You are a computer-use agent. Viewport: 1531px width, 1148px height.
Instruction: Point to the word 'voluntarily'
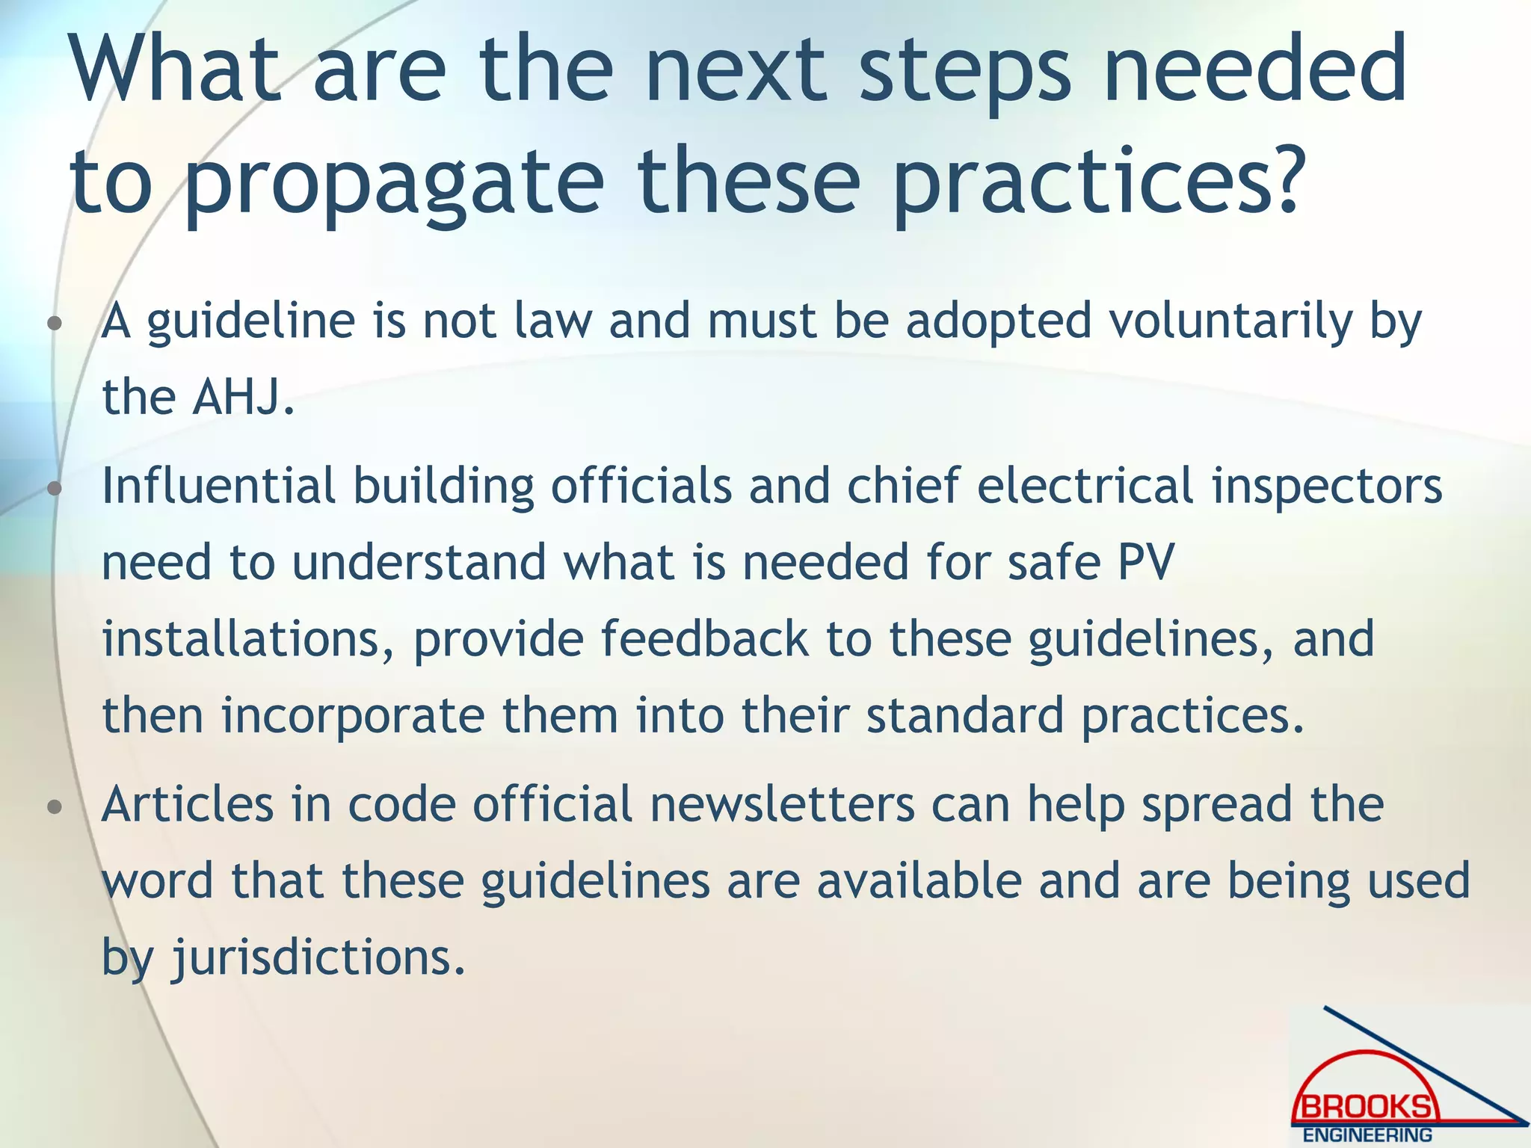1230,321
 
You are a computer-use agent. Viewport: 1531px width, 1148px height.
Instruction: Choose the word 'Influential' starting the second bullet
218,485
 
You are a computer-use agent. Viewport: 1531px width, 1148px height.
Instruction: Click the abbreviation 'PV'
1146,562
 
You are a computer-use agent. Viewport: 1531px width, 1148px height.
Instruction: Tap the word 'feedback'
704,639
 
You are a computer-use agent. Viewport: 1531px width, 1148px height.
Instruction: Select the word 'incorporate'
353,715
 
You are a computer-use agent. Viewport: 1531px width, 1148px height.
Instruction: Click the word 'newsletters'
782,804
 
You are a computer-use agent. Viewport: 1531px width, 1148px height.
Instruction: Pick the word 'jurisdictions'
312,957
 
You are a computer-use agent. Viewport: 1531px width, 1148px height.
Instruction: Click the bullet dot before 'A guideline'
53,324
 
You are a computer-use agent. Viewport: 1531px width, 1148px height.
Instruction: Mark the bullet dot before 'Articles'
53,808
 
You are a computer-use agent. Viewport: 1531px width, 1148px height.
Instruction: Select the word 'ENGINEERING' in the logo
1367,1135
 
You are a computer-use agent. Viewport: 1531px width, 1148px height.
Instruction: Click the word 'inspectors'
1327,485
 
